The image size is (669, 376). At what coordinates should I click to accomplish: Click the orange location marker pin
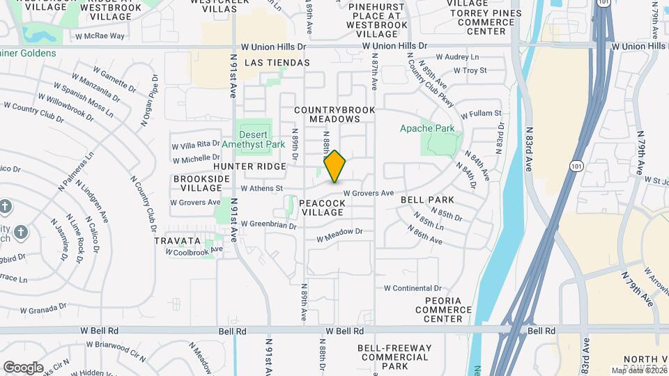click(x=334, y=166)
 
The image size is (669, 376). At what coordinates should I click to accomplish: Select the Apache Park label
click(x=427, y=128)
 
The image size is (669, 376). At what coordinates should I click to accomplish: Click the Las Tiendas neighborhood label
click(x=277, y=63)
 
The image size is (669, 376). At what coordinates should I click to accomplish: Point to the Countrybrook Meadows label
click(x=334, y=114)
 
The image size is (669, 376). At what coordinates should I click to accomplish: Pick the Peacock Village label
click(x=322, y=207)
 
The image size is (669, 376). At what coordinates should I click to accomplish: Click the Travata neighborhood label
click(x=178, y=241)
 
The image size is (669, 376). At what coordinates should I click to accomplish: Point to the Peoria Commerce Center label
click(x=443, y=309)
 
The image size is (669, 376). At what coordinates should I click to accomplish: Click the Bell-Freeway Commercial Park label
click(x=394, y=357)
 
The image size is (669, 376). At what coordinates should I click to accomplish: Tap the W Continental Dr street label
click(x=413, y=288)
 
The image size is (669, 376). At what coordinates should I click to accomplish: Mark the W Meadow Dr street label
click(x=340, y=236)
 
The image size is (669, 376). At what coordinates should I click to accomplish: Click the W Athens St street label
click(x=261, y=188)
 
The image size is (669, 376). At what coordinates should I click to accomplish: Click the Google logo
click(x=23, y=367)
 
